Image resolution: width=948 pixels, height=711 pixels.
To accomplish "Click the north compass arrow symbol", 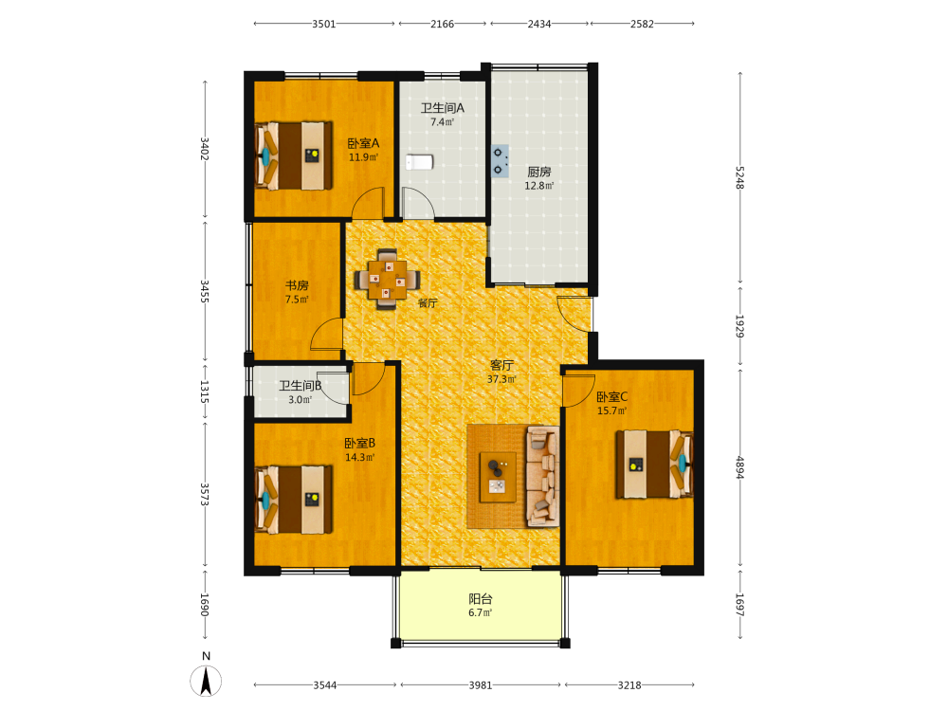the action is pyautogui.click(x=206, y=681).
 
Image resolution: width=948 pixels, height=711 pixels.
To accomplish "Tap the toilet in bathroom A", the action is pyautogui.click(x=419, y=162).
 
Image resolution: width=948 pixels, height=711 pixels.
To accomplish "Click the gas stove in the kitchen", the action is pyautogui.click(x=500, y=161).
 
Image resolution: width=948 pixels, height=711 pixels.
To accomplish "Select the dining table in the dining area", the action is pyautogui.click(x=388, y=280).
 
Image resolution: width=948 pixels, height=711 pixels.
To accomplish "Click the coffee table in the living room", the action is pyautogui.click(x=498, y=477).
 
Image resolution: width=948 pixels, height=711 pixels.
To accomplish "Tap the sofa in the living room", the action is pyautogui.click(x=542, y=477).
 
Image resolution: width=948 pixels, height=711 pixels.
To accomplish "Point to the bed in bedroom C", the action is pyautogui.click(x=654, y=465).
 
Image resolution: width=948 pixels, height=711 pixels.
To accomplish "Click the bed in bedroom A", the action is pyautogui.click(x=294, y=156).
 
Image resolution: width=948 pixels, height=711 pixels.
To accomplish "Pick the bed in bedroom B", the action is pyautogui.click(x=294, y=500).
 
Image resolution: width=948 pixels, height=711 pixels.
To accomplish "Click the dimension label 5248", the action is pyautogui.click(x=739, y=178).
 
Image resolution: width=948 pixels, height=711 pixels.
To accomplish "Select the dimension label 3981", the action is pyautogui.click(x=481, y=685).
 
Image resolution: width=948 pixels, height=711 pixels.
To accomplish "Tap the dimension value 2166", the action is pyautogui.click(x=442, y=24).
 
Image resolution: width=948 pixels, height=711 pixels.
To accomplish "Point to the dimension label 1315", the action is pyautogui.click(x=205, y=392).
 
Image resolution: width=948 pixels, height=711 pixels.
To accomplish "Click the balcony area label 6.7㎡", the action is pyautogui.click(x=480, y=612).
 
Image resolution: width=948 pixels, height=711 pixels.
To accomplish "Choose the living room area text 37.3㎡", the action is pyautogui.click(x=501, y=379).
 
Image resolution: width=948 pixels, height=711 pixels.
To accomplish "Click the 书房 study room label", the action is pyautogui.click(x=297, y=284).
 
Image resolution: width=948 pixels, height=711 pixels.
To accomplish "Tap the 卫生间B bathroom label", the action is pyautogui.click(x=300, y=385).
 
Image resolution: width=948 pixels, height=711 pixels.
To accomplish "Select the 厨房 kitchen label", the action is pyautogui.click(x=539, y=172).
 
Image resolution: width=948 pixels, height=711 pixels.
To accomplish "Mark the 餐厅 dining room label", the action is pyautogui.click(x=428, y=303).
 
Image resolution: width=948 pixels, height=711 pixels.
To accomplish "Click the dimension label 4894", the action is pyautogui.click(x=739, y=466).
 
